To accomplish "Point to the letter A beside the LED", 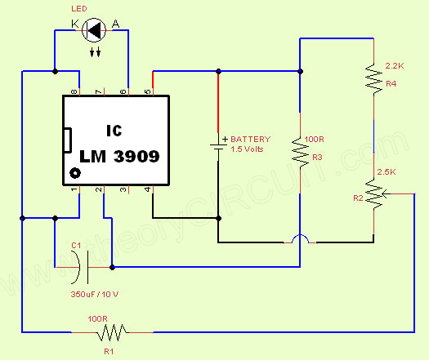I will click(x=115, y=26).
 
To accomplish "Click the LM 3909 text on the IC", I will click(x=119, y=155).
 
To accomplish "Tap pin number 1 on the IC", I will click(x=74, y=190).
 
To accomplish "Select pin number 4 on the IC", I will click(x=148, y=190).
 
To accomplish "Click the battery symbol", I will click(x=218, y=144).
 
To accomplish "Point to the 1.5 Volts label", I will click(x=249, y=149).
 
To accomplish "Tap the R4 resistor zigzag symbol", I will click(x=373, y=78).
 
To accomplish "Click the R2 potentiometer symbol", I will click(x=373, y=193).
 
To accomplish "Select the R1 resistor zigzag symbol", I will click(x=113, y=332).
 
